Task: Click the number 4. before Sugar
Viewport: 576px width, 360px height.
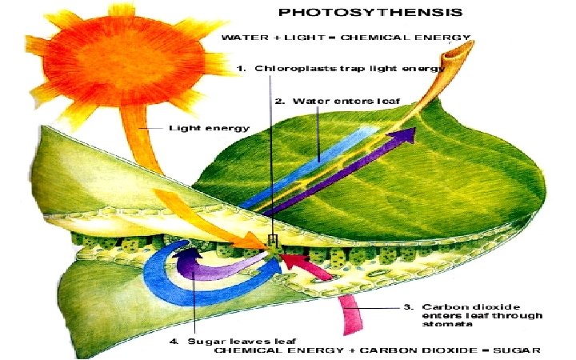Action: point(174,342)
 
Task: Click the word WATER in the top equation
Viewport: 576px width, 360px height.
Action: point(240,38)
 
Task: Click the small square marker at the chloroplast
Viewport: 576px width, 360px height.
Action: point(272,240)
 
